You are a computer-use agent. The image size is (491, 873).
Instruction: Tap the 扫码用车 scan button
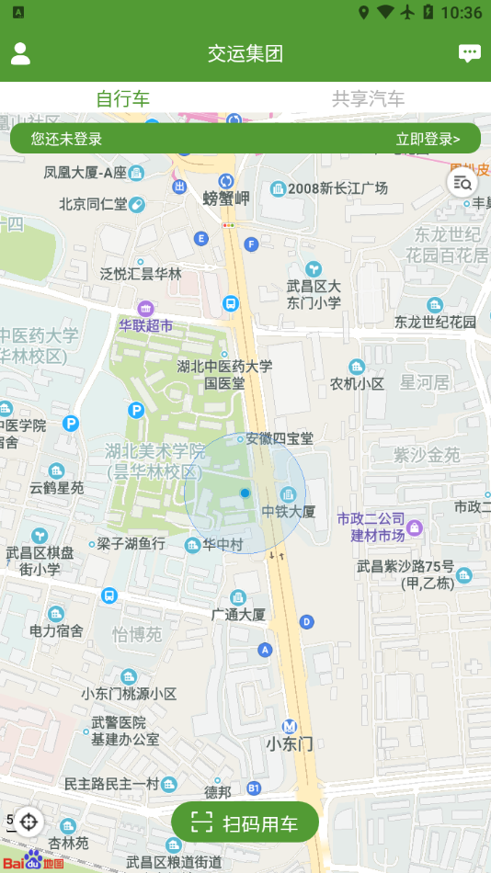click(245, 822)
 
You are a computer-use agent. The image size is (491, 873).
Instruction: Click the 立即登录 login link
click(427, 140)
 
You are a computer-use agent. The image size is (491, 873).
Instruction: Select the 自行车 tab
click(122, 99)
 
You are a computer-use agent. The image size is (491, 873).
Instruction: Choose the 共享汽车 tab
click(368, 99)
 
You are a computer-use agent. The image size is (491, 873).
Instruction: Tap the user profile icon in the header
click(20, 53)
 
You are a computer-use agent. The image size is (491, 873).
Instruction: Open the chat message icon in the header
click(470, 53)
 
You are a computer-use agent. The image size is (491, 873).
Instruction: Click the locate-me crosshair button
click(29, 822)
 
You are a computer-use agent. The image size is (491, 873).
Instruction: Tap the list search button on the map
click(462, 182)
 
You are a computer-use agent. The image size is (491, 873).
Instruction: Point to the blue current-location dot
click(245, 493)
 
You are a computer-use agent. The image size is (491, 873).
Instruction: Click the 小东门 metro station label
click(290, 743)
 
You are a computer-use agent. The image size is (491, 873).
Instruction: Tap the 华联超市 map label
click(145, 325)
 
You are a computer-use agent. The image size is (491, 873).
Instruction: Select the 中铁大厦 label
click(289, 511)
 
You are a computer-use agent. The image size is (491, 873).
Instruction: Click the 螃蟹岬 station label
click(226, 198)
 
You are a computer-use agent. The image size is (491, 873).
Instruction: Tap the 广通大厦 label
click(238, 614)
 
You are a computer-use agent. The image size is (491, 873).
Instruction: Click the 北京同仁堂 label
click(93, 204)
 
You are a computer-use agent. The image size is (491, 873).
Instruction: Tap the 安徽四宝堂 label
click(280, 439)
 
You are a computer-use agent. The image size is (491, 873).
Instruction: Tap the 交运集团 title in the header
click(245, 53)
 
